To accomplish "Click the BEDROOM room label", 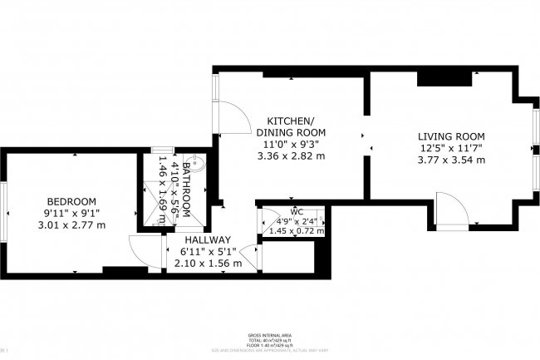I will click(71, 201).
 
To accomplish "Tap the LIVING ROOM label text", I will click(451, 136).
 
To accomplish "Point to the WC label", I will click(297, 212).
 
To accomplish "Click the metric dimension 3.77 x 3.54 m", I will click(451, 160).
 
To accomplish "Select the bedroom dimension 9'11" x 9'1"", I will click(71, 213).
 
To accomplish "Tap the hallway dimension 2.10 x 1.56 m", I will click(208, 263).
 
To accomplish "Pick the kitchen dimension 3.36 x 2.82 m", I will click(290, 155).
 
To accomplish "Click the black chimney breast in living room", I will click(434, 78).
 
